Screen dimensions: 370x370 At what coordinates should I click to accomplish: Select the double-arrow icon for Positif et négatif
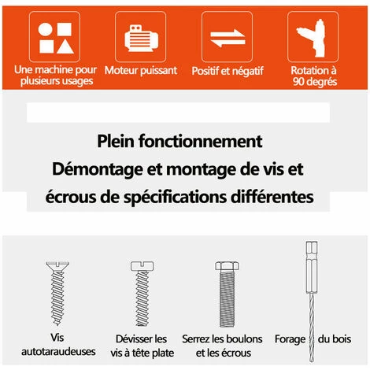coord(228,37)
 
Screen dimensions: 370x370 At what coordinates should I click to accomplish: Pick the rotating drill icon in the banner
coord(313,37)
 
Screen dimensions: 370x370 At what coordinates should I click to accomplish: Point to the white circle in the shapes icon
coord(45,29)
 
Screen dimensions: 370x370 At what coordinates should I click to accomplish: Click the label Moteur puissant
coord(141,71)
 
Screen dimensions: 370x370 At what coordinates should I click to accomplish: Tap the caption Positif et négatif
coord(228,71)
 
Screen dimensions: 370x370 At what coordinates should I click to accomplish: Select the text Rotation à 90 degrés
coord(314,76)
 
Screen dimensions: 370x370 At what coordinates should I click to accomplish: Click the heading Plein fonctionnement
coord(179,141)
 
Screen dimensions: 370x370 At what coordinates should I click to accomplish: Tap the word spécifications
coord(175,198)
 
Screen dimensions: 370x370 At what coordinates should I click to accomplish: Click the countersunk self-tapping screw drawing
coord(57,294)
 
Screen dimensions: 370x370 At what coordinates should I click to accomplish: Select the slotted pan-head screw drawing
coord(142,294)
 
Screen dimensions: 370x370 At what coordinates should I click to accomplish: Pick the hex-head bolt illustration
coord(227,294)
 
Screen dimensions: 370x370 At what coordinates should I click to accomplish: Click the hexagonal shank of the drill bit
coord(312,267)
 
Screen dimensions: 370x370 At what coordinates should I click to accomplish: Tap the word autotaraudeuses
coord(58,352)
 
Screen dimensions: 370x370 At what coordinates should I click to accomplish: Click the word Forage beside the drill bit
coord(290,339)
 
